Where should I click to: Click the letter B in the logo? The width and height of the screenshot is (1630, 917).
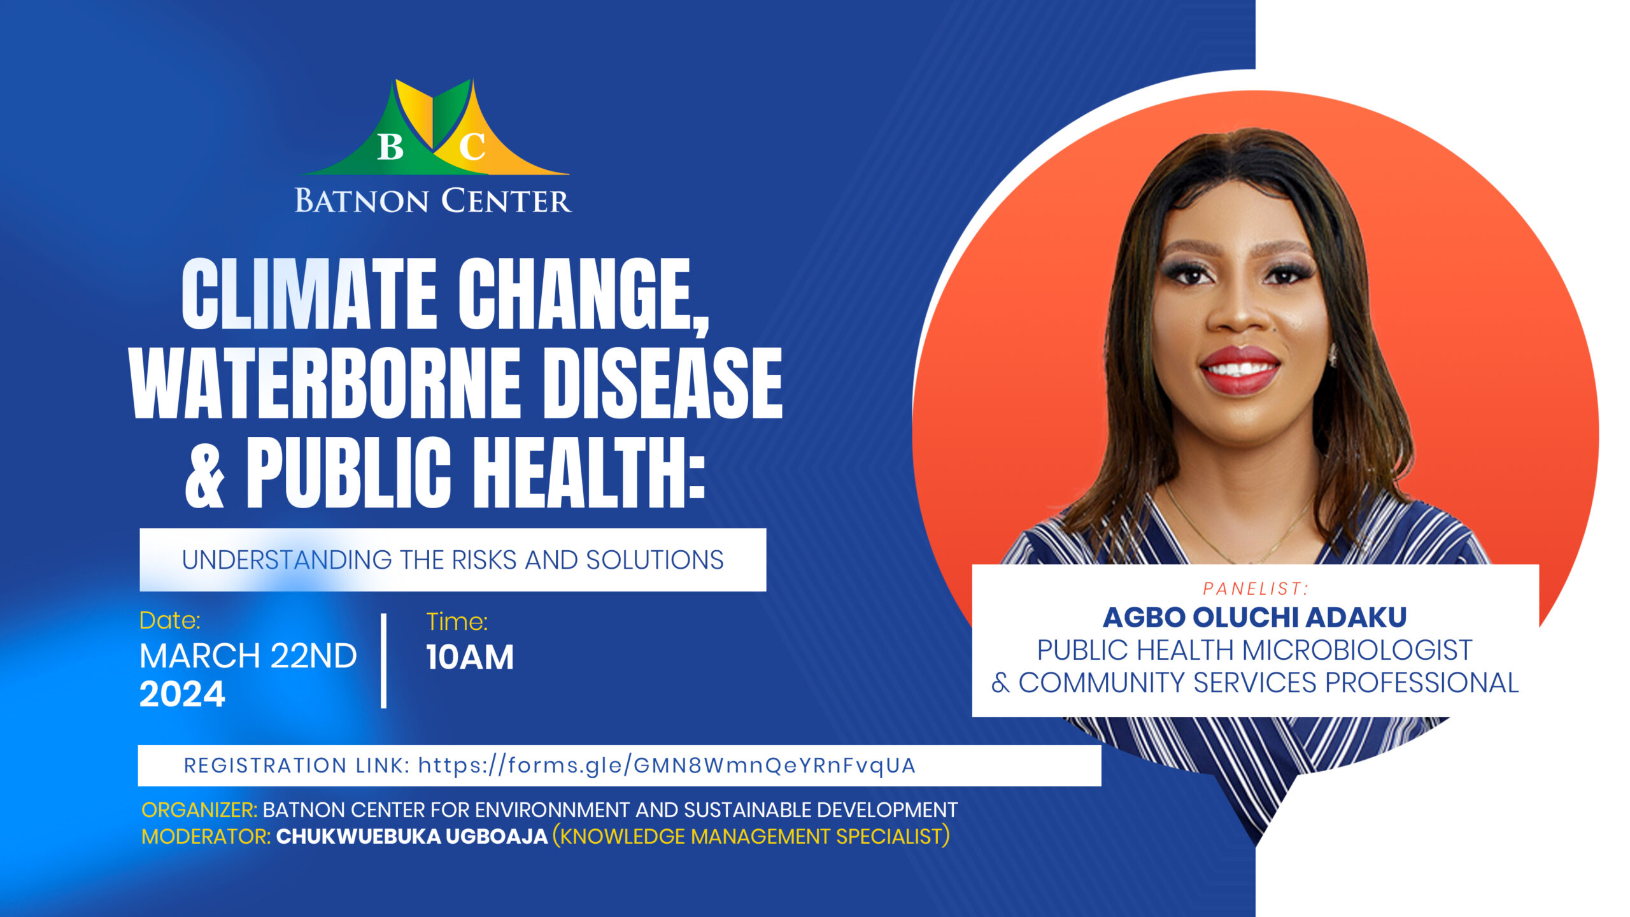(x=390, y=146)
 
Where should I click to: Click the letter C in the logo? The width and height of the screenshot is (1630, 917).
(x=472, y=146)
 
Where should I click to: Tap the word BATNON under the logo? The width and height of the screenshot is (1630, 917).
(x=361, y=201)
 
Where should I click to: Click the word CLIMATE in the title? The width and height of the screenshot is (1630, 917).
(x=309, y=294)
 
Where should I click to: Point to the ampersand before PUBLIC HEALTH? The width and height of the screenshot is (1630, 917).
(x=205, y=474)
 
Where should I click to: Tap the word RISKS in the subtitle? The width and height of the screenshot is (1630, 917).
(x=485, y=560)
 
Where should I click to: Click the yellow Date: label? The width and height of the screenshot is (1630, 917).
(x=170, y=620)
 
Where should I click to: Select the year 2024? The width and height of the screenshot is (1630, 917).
(x=183, y=693)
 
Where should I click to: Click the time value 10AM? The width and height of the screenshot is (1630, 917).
(x=470, y=657)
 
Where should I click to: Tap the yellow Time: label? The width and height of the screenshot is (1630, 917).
(x=457, y=622)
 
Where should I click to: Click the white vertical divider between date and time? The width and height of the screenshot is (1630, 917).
(x=383, y=661)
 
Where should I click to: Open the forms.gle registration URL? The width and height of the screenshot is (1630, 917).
(x=667, y=765)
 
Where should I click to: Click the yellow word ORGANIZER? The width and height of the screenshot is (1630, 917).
(x=199, y=810)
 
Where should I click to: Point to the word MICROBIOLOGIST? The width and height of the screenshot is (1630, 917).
(x=1357, y=650)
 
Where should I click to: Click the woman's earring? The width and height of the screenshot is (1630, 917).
(x=1332, y=355)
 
